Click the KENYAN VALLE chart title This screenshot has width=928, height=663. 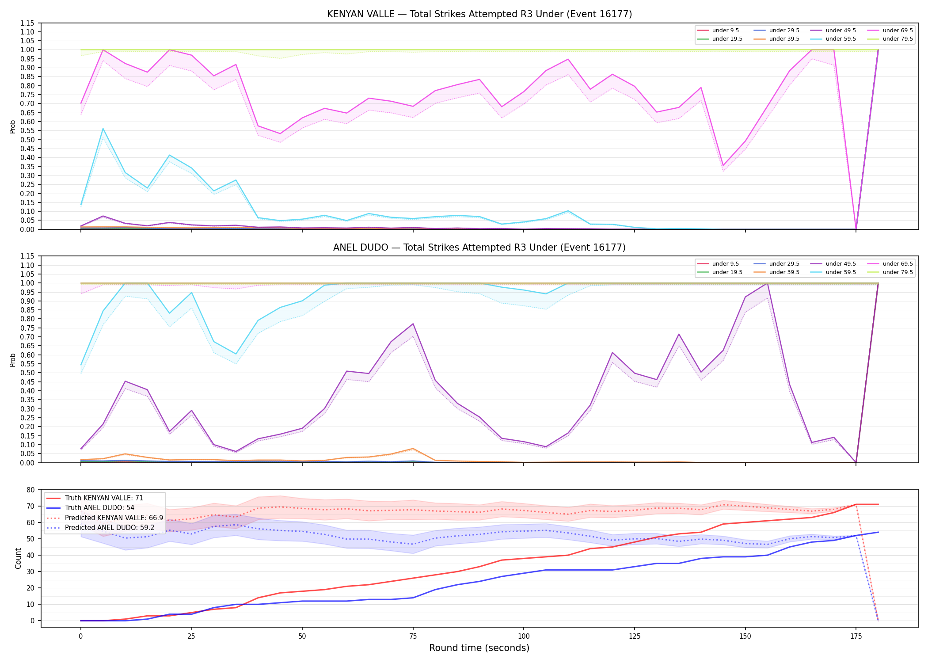pos(479,14)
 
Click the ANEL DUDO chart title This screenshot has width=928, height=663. pos(479,248)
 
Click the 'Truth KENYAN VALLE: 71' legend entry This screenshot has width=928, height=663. pos(104,498)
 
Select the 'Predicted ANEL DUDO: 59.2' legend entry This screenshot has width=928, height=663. pos(110,527)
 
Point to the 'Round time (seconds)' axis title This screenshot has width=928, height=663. pos(479,648)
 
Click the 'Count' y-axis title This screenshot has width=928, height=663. pos(18,559)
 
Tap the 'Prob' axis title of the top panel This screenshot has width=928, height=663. pos(13,127)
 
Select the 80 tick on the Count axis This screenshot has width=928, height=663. pos(30,490)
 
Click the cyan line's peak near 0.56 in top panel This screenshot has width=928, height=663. pos(103,129)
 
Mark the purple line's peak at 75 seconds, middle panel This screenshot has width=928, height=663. pos(413,324)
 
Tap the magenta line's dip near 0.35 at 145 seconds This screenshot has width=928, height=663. pos(723,166)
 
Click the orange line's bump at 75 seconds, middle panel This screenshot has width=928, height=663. pos(413,449)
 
